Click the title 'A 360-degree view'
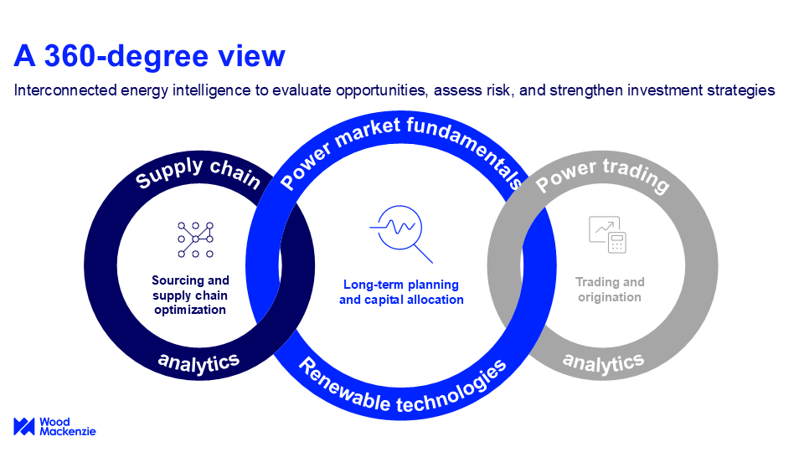click(x=149, y=55)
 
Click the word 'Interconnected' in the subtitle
click(x=65, y=90)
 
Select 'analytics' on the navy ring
click(x=198, y=362)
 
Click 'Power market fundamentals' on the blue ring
click(x=401, y=149)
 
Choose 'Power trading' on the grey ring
click(x=602, y=174)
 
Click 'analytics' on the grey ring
click(x=603, y=362)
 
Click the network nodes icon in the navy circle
click(x=195, y=239)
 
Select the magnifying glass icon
click(x=401, y=234)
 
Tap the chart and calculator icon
click(x=608, y=234)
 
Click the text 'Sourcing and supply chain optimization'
click(x=190, y=295)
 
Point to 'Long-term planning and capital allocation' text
click(x=401, y=292)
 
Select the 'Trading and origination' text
click(x=610, y=290)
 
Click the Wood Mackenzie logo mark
click(x=24, y=426)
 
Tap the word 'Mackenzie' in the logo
click(x=68, y=432)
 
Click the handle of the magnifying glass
click(x=423, y=254)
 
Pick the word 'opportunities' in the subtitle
click(x=380, y=90)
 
